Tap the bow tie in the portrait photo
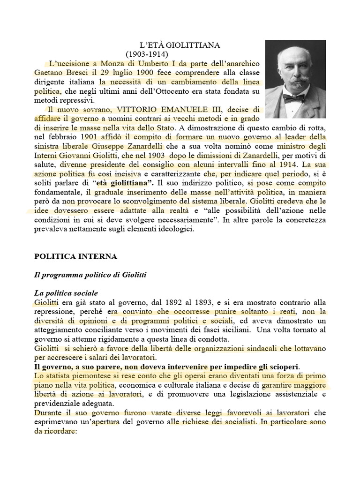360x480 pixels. pos(294,98)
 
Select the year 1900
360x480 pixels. pos(134,73)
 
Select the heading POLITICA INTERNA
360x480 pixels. pos(75,256)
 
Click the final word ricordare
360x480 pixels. pos(60,430)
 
